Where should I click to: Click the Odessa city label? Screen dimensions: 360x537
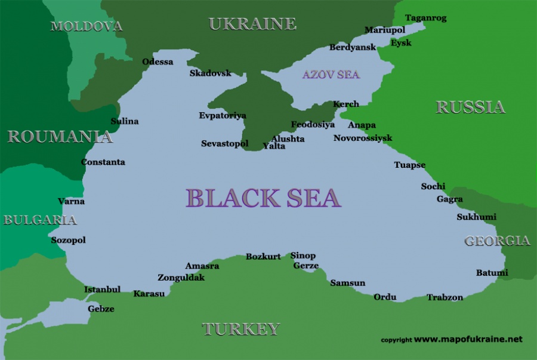click(158, 62)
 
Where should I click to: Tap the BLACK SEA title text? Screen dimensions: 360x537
click(263, 198)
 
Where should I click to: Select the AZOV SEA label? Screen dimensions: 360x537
click(331, 75)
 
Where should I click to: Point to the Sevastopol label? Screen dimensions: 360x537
click(224, 144)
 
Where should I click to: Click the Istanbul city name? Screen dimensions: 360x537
click(102, 290)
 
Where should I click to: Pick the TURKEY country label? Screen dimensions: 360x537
click(240, 329)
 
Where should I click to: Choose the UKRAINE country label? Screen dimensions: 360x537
click(252, 24)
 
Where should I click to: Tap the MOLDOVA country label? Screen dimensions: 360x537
click(87, 26)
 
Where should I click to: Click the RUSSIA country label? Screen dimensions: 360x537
click(470, 107)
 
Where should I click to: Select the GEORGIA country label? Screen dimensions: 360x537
click(497, 241)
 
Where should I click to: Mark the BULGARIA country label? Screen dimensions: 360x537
click(40, 220)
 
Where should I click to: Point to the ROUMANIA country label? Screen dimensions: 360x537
click(60, 137)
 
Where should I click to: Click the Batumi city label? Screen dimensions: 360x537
click(492, 273)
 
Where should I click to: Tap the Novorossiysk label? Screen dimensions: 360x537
click(363, 138)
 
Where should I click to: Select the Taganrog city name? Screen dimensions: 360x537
click(425, 18)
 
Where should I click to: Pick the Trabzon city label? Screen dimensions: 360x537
click(445, 297)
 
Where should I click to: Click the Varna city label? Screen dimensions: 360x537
click(71, 201)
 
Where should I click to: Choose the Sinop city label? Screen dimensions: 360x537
click(303, 256)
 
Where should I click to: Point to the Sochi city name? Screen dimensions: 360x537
click(433, 186)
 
